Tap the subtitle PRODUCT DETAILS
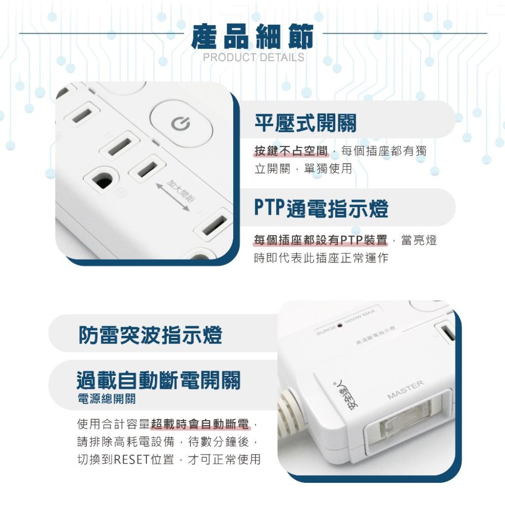pyautogui.click(x=254, y=57)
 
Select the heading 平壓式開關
pyautogui.click(x=305, y=123)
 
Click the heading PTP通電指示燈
pyautogui.click(x=321, y=208)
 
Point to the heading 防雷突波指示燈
pyautogui.click(x=150, y=335)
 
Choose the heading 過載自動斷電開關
pyautogui.click(x=159, y=380)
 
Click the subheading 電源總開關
pyautogui.click(x=106, y=399)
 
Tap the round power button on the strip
pyautogui.click(x=181, y=124)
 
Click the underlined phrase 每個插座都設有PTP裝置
pyautogui.click(x=321, y=240)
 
